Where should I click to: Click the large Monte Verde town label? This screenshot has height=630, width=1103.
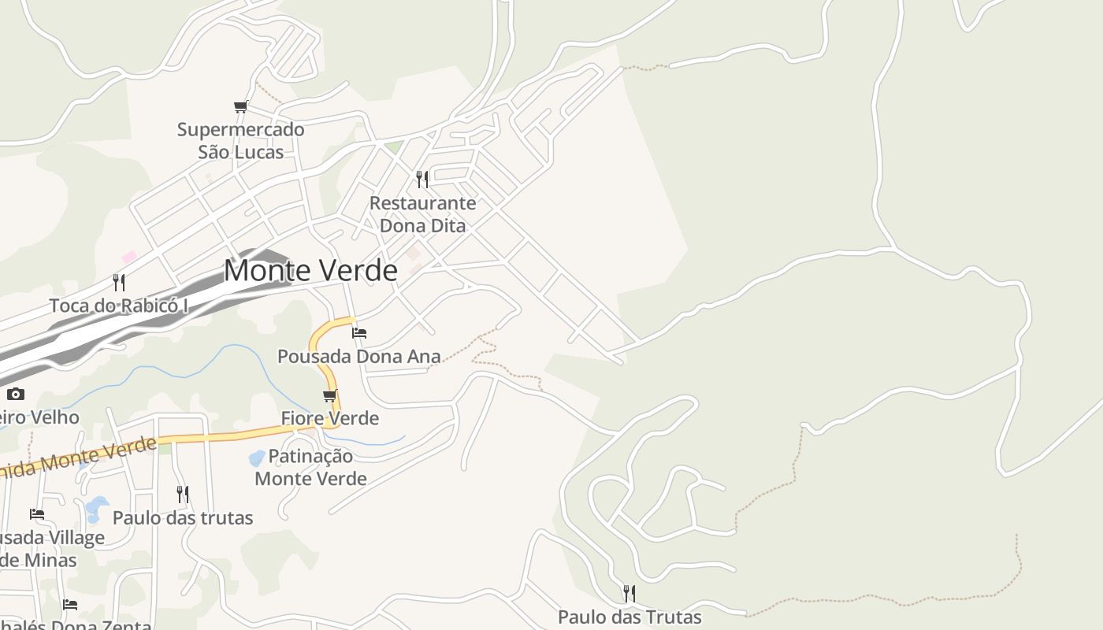[x=310, y=270]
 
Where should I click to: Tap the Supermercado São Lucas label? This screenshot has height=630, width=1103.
[x=240, y=140]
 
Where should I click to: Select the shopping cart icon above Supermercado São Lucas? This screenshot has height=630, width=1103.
[x=240, y=106]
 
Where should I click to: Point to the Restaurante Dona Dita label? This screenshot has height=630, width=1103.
[x=423, y=214]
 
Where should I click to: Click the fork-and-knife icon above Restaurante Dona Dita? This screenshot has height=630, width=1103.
[x=422, y=180]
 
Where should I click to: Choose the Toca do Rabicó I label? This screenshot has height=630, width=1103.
[x=119, y=306]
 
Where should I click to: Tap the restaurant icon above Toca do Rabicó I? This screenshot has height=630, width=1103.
[x=119, y=282]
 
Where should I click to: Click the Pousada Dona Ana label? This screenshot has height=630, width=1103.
[x=358, y=357]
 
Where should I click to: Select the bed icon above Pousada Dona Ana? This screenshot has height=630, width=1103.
[x=359, y=332]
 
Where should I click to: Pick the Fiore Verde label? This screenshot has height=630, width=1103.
[x=330, y=418]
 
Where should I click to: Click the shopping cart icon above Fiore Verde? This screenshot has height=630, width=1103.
[x=329, y=395]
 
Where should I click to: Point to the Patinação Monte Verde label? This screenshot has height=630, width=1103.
[x=310, y=467]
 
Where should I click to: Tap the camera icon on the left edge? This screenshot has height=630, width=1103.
[x=16, y=394]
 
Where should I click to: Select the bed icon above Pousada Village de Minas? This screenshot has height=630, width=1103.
[x=37, y=514]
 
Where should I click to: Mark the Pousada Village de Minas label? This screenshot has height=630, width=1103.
[x=51, y=549]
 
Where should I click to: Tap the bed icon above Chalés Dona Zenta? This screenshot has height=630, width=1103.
[x=70, y=605]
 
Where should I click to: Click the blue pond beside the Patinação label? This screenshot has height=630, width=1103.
[x=257, y=458]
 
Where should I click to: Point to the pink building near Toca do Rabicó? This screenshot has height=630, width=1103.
[x=129, y=257]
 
